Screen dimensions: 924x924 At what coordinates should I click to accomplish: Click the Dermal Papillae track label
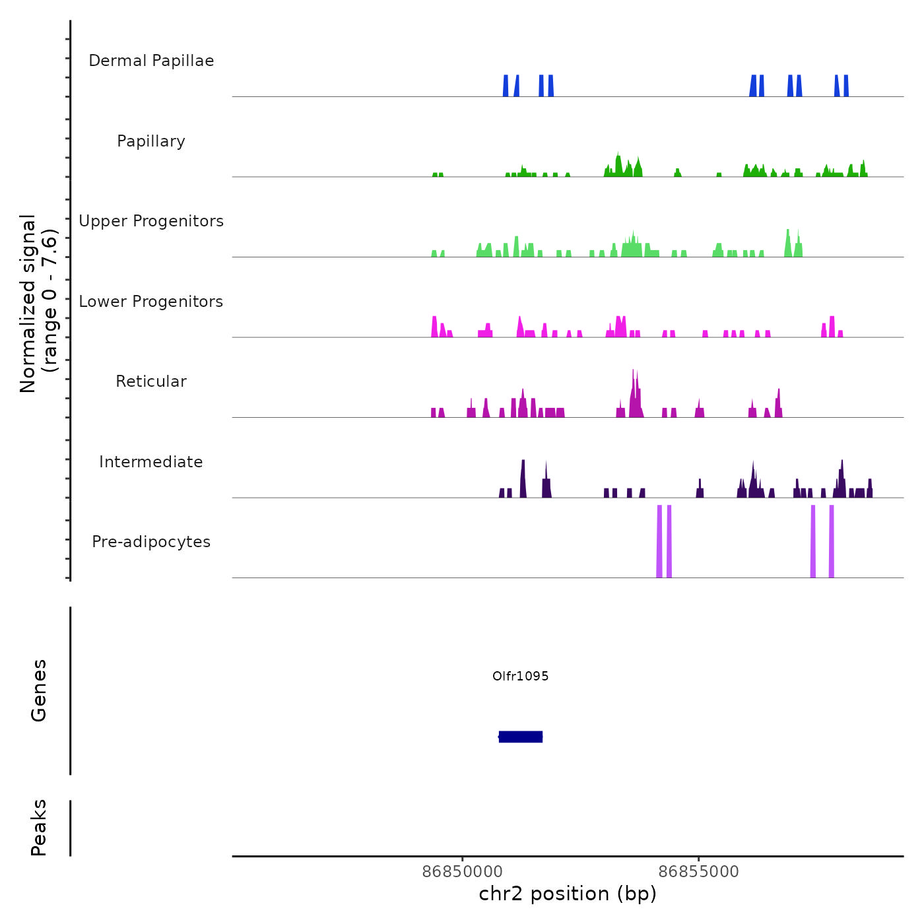[x=151, y=61]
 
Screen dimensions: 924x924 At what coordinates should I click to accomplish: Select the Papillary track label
[x=151, y=141]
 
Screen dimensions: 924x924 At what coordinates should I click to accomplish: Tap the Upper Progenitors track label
[x=151, y=221]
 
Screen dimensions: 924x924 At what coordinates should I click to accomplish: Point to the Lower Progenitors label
[x=151, y=302]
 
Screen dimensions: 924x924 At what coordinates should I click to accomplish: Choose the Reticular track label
[x=151, y=381]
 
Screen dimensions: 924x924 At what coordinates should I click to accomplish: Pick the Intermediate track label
[x=151, y=462]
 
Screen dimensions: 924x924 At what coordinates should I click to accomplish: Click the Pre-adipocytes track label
[x=151, y=542]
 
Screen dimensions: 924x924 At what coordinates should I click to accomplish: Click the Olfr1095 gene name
[x=520, y=676]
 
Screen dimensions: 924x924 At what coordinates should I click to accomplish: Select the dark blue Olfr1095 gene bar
[x=521, y=737]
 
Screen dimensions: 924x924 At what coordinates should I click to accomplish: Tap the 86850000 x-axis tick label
[x=462, y=872]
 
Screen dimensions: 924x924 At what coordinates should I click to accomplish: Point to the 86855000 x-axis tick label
[x=698, y=872]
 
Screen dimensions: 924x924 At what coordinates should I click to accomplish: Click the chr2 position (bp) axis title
[x=568, y=894]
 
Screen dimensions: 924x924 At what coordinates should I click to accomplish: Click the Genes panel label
[x=39, y=690]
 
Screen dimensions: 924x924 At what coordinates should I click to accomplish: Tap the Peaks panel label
[x=39, y=828]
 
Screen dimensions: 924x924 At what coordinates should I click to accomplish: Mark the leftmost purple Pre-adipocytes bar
[x=659, y=541]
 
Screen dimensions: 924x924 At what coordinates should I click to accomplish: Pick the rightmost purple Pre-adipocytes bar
[x=832, y=541]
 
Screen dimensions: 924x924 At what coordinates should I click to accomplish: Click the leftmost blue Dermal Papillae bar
[x=506, y=86]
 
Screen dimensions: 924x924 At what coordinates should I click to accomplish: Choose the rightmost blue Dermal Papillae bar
[x=846, y=86]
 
